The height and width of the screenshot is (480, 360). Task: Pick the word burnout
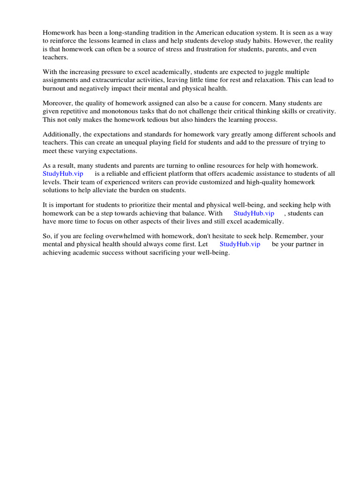pyautogui.click(x=56, y=88)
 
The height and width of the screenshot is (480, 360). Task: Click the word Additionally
pyautogui.click(x=61, y=134)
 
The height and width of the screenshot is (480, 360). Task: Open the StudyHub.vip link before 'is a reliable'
pyautogui.click(x=63, y=173)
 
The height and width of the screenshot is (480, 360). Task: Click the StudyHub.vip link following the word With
pyautogui.click(x=254, y=213)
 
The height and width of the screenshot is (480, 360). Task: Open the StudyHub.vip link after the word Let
pyautogui.click(x=240, y=244)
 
